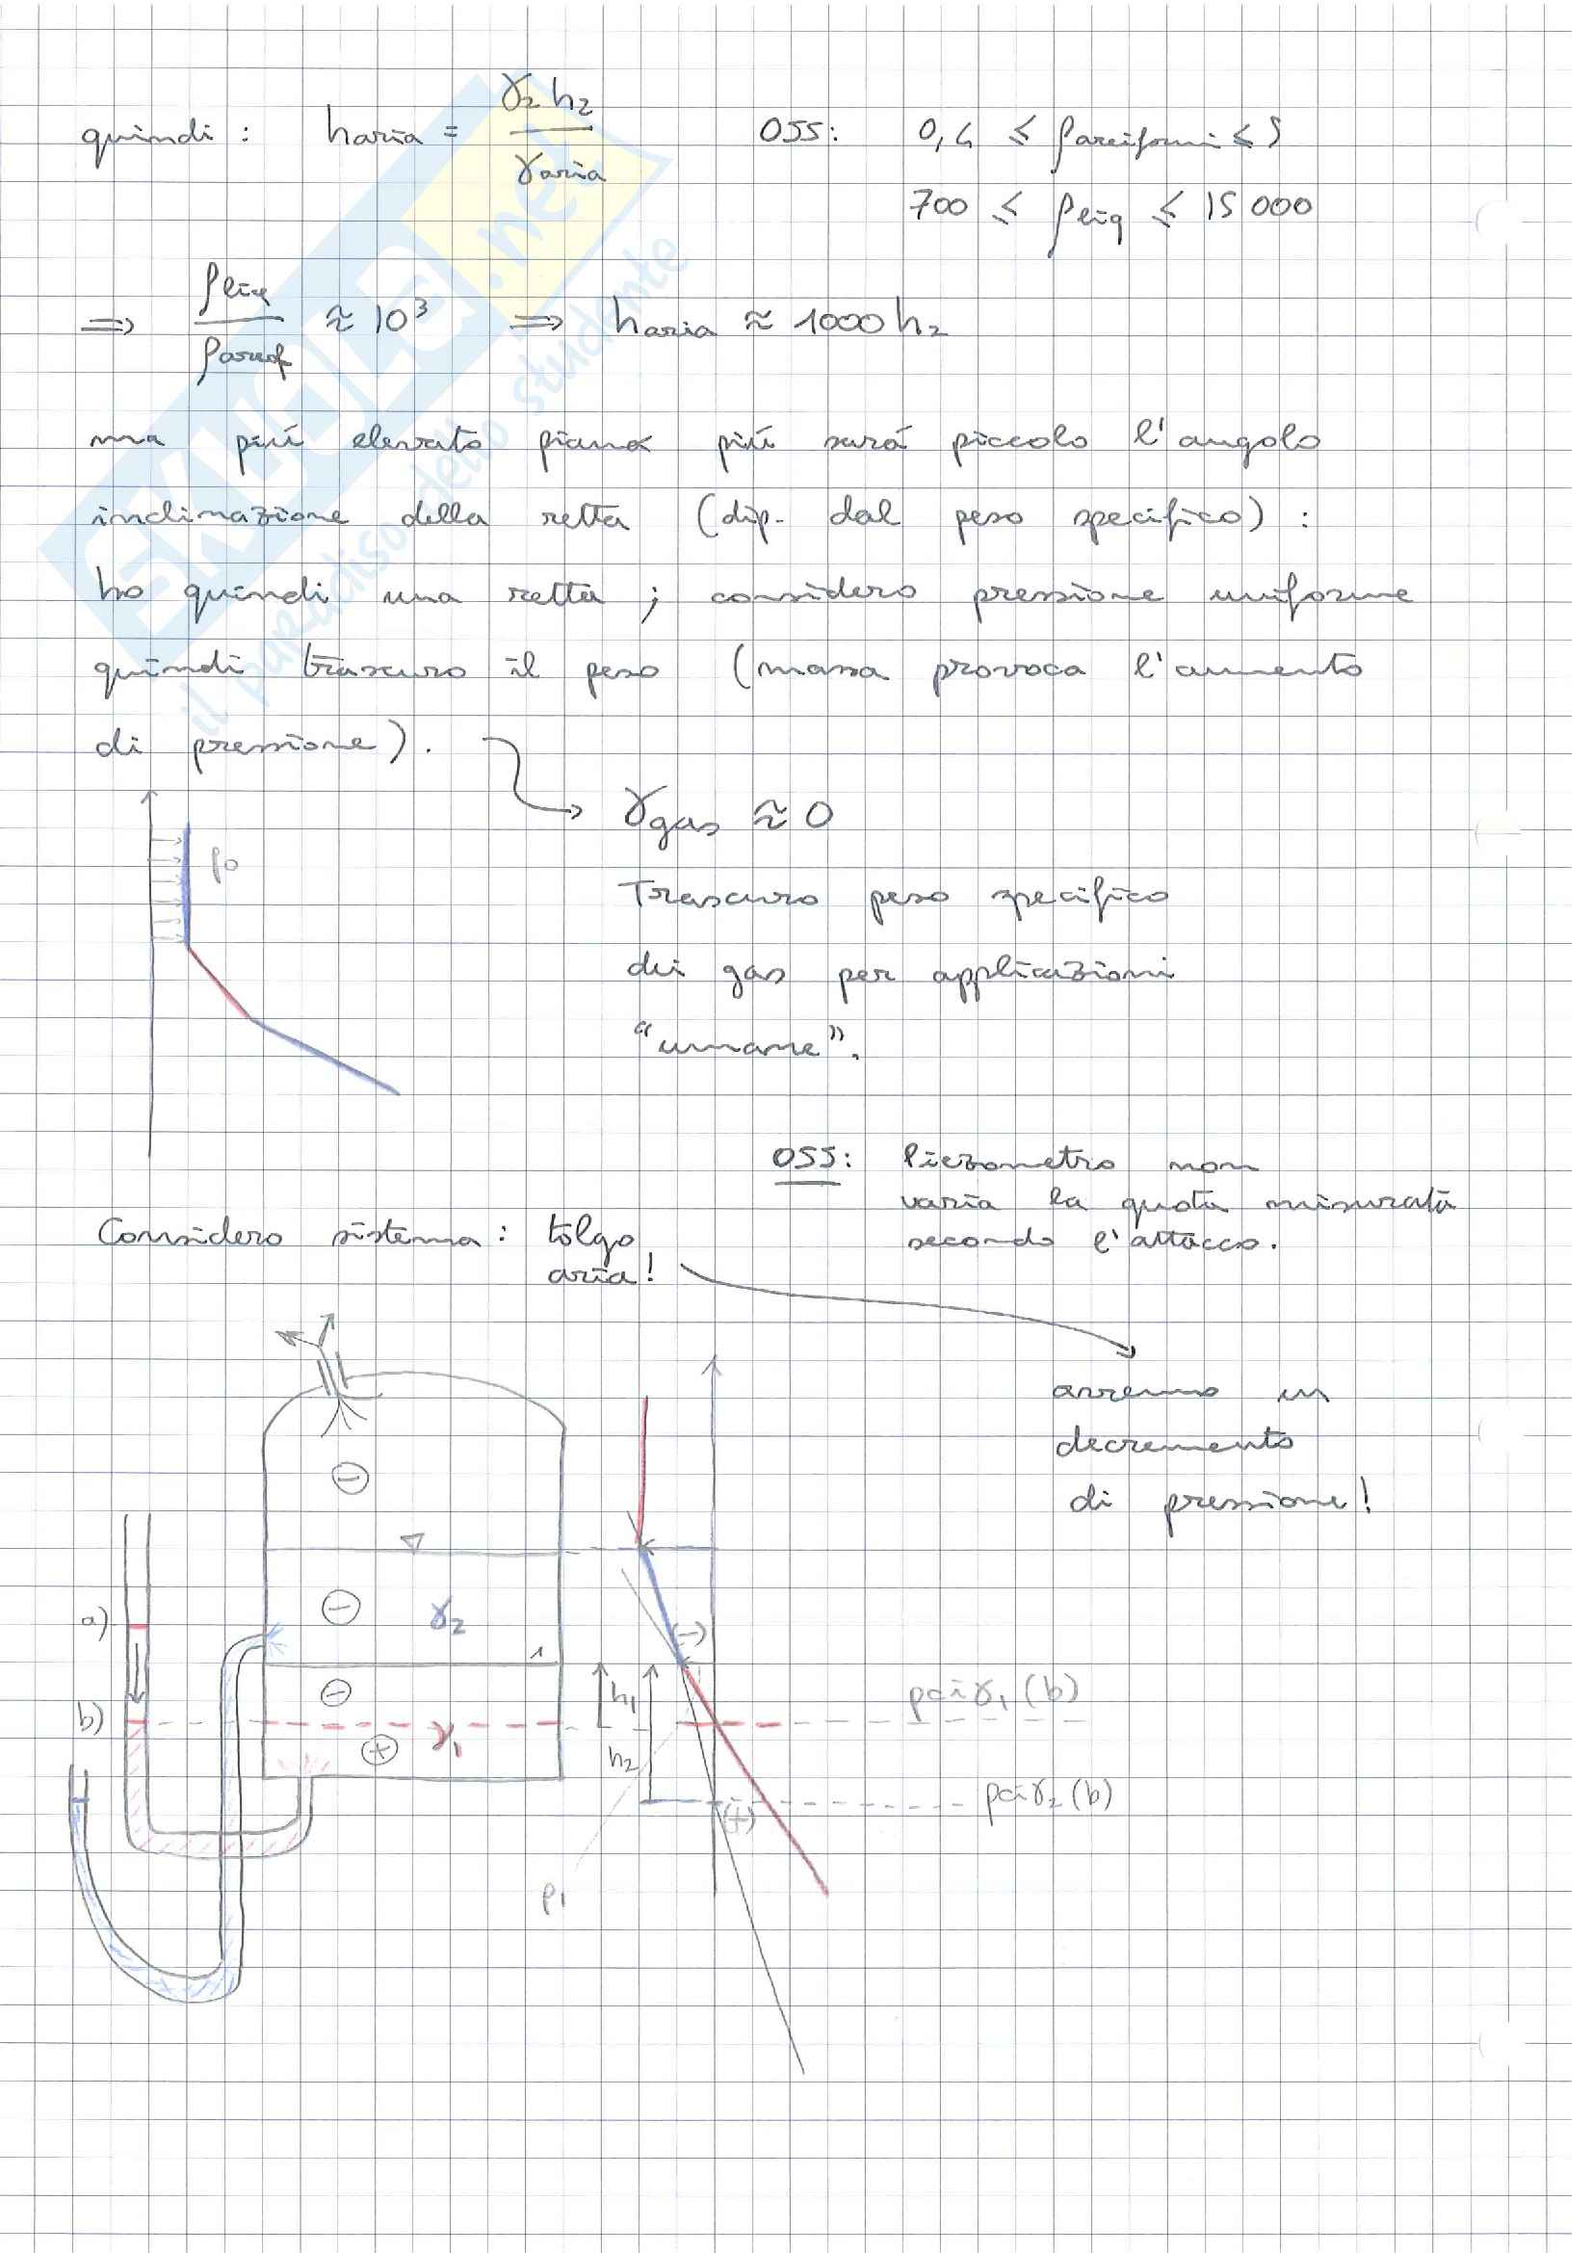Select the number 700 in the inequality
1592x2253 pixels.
pyautogui.click(x=940, y=205)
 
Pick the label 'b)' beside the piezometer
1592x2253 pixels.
pyautogui.click(x=91, y=1719)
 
